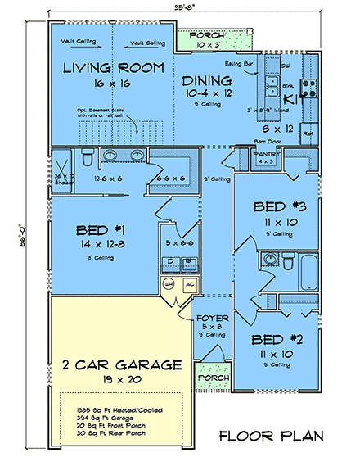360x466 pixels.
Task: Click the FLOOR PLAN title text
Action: (x=269, y=436)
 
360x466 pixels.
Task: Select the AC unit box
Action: (x=187, y=283)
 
